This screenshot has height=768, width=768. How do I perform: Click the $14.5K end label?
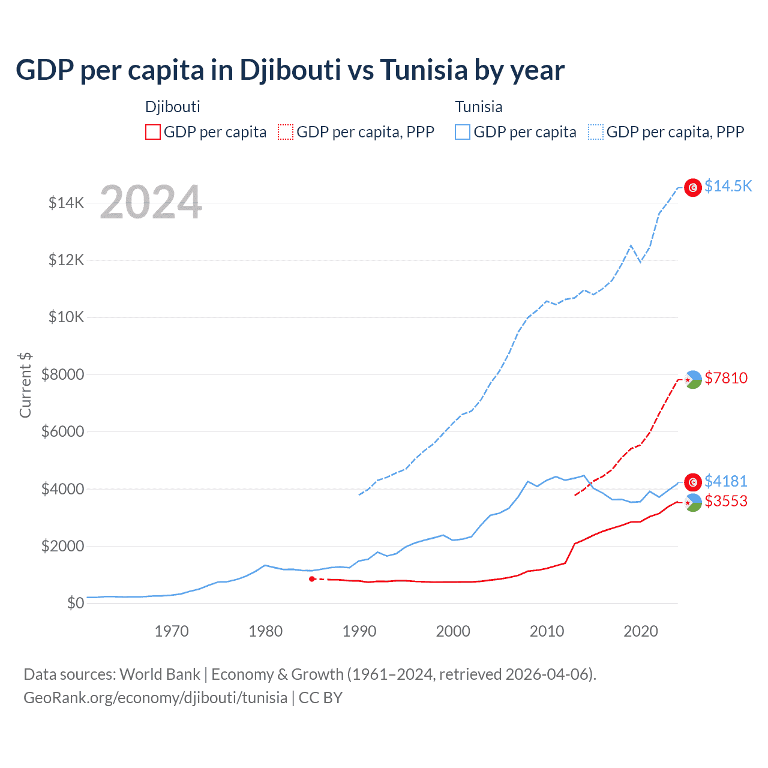click(728, 186)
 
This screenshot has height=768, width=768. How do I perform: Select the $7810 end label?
click(726, 378)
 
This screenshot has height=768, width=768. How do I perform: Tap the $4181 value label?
click(726, 481)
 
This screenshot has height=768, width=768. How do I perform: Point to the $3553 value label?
click(726, 501)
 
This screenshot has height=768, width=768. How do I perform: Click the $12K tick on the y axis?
click(67, 260)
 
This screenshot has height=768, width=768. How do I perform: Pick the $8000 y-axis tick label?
click(63, 374)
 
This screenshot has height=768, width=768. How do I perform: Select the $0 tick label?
click(76, 603)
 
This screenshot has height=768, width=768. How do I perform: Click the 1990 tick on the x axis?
click(359, 631)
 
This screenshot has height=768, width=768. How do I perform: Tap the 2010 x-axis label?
click(547, 631)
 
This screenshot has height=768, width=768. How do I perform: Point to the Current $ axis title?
click(25, 385)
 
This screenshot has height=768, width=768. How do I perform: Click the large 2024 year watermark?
click(151, 203)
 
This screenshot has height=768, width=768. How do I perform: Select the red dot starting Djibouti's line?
click(312, 579)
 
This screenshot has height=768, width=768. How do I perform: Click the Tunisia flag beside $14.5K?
click(693, 188)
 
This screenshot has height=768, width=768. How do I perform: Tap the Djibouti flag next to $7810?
click(693, 379)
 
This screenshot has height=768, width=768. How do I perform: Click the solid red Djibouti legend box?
click(153, 132)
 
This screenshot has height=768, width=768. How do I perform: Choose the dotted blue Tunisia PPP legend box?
click(596, 132)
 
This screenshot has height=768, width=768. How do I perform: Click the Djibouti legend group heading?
click(172, 107)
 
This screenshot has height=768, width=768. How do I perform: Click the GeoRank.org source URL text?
click(155, 698)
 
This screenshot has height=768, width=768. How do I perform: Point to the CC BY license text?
click(320, 698)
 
